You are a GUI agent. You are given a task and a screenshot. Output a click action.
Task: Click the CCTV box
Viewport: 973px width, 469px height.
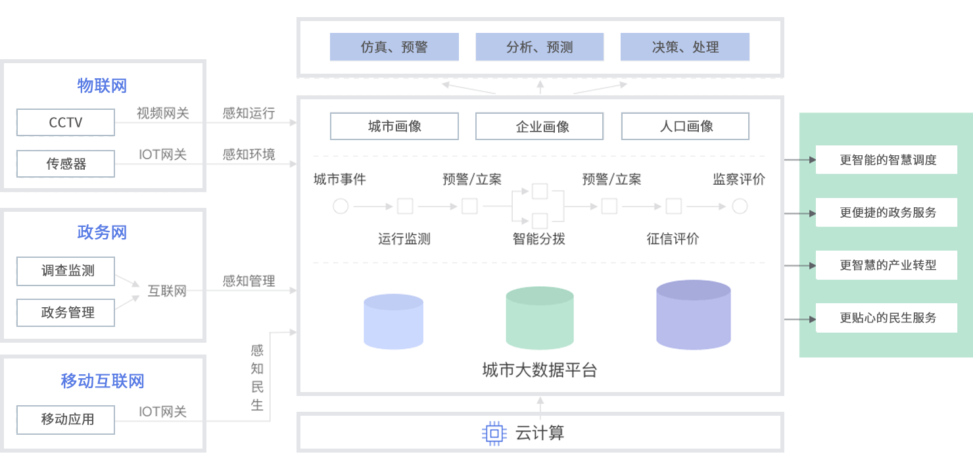point(66,122)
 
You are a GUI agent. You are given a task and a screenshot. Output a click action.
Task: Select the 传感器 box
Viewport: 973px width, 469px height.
point(66,164)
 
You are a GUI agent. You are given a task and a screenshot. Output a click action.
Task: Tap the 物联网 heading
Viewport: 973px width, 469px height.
point(102,86)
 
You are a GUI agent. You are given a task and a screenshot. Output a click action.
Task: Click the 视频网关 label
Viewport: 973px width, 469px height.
point(162,113)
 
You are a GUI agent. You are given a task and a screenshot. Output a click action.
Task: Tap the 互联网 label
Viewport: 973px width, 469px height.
point(167,291)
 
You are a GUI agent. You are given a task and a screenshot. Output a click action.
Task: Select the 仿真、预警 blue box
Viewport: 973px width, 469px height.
point(394,47)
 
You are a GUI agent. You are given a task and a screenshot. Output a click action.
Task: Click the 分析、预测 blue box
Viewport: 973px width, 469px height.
point(540,47)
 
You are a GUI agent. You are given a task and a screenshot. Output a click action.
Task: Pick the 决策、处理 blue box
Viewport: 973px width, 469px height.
point(685,47)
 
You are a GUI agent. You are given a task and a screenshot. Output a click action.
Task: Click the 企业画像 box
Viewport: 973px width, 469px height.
point(540,126)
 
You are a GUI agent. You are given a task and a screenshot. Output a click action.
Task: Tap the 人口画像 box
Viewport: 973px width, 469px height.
point(685,126)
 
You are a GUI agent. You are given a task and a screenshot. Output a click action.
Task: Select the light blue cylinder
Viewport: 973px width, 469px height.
point(393,321)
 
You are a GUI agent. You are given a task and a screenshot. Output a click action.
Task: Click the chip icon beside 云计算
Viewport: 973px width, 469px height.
point(494,433)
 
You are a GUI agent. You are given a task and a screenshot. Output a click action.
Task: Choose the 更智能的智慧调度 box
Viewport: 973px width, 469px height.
point(886,160)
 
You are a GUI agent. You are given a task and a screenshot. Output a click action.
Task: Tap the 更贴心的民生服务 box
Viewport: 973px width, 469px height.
point(886,318)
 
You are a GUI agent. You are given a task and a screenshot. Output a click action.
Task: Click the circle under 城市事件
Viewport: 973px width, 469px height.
point(341,207)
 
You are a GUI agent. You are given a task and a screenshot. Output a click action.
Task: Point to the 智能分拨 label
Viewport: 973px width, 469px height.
point(539,239)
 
